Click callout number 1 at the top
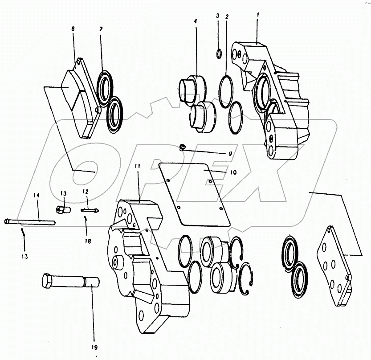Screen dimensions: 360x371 257,15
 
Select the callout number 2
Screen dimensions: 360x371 227,16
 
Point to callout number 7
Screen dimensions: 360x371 101,29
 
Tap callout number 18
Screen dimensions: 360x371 88,241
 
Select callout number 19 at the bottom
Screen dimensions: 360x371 94,348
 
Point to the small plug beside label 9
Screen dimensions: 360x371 182,147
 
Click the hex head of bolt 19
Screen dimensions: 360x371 48,282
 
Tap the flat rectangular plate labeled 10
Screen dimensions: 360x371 194,192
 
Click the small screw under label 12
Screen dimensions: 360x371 89,210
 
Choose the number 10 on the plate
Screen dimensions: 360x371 233,172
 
